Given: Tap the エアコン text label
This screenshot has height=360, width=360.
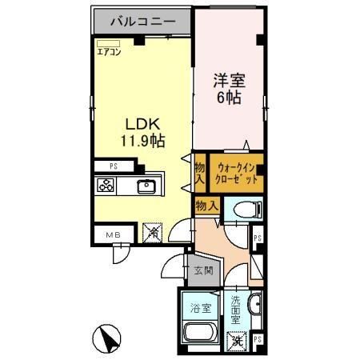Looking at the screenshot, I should point(109,52).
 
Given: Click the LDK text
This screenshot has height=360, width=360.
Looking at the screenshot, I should point(142,124).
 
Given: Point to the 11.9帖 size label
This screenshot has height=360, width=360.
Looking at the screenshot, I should point(142,141).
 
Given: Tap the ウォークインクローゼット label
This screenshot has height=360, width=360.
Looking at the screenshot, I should point(237,174).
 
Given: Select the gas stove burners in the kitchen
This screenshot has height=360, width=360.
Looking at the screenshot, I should point(106,186).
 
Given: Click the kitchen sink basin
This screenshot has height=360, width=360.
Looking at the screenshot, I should point(147,187).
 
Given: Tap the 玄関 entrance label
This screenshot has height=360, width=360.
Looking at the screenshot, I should point(202,271).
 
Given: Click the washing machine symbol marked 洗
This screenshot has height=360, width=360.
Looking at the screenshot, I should point(236,341).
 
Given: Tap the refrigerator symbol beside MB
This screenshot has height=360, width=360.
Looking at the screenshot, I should point(152,234).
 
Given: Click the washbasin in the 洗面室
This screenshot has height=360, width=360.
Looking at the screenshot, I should point(255,308).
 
